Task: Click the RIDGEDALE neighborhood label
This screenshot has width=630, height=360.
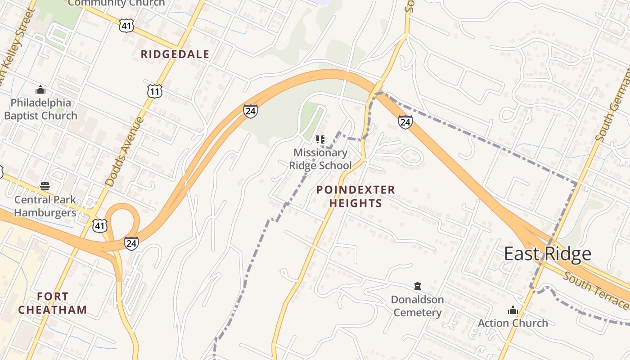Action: pyautogui.click(x=175, y=54)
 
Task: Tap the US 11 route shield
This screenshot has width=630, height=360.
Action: pyautogui.click(x=154, y=92)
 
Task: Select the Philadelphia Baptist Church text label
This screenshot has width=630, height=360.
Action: pyautogui.click(x=40, y=109)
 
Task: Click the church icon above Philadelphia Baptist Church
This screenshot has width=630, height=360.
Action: pyautogui.click(x=40, y=90)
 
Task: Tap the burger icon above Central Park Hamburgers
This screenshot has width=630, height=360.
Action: pyautogui.click(x=45, y=186)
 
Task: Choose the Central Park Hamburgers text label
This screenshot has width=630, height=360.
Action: pyautogui.click(x=45, y=206)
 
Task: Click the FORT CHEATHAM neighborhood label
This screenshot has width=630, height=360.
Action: pyautogui.click(x=53, y=303)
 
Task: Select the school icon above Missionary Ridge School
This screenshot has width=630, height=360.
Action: pyautogui.click(x=320, y=139)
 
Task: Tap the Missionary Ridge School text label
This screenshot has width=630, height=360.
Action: pyautogui.click(x=320, y=159)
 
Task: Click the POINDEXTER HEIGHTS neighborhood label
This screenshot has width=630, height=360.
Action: pyautogui.click(x=355, y=196)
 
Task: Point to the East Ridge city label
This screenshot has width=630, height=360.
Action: pyautogui.click(x=547, y=254)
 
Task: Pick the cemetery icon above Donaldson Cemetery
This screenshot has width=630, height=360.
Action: pyautogui.click(x=418, y=286)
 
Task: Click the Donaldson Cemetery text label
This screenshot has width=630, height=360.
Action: pyautogui.click(x=417, y=306)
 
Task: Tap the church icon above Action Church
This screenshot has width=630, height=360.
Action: pyautogui.click(x=513, y=310)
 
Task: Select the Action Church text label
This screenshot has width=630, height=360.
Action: pyautogui.click(x=513, y=323)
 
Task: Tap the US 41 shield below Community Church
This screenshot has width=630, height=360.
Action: pyautogui.click(x=126, y=26)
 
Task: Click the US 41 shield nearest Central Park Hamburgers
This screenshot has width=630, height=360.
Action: pyautogui.click(x=100, y=225)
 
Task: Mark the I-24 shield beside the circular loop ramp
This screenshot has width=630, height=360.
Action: pyautogui.click(x=131, y=243)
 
